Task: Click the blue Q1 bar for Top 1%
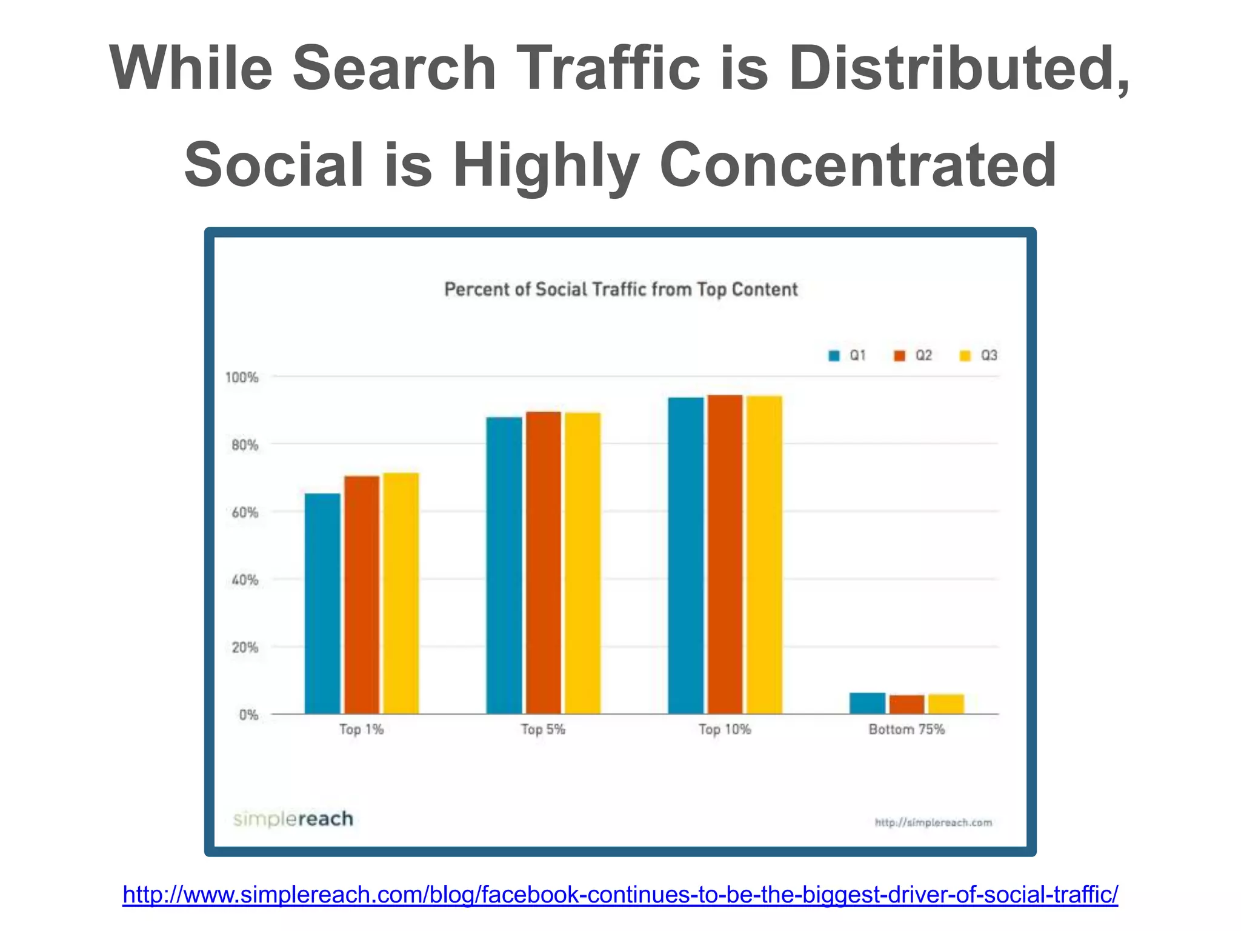(322, 604)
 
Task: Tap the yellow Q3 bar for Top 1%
(401, 593)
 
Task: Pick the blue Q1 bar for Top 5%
(504, 566)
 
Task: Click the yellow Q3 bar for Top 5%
(583, 563)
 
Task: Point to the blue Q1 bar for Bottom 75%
(867, 703)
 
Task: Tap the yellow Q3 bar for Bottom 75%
(946, 704)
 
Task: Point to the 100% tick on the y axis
(242, 378)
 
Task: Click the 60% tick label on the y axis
(244, 513)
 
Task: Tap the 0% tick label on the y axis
(248, 715)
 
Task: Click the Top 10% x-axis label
(725, 729)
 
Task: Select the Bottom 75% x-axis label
(907, 729)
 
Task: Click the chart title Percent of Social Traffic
(621, 290)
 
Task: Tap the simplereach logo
(293, 819)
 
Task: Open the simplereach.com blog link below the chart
(620, 894)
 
